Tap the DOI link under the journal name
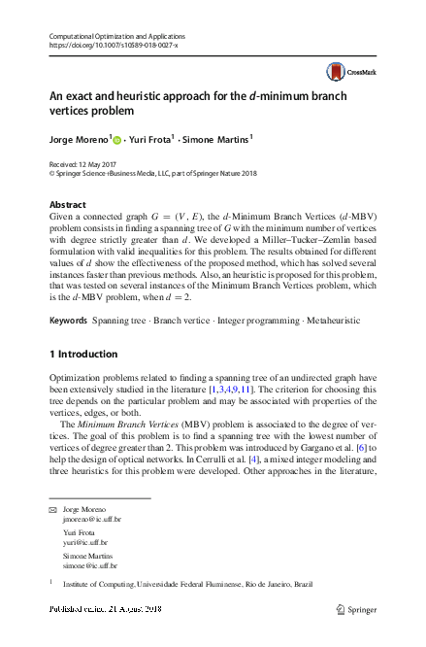click(x=113, y=46)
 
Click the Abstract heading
click(x=68, y=205)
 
